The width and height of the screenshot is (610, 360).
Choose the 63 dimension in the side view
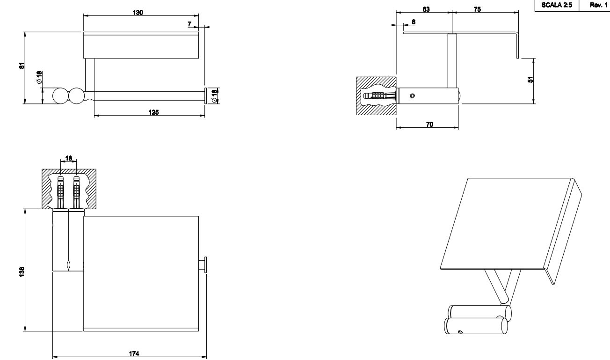click(x=426, y=9)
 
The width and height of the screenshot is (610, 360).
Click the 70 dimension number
click(x=429, y=124)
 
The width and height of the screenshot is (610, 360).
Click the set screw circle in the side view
click(x=412, y=96)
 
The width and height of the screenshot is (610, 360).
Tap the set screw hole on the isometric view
click(x=460, y=332)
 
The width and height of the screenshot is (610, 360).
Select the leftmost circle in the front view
click(x=60, y=96)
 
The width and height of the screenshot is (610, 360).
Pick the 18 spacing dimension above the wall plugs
click(x=69, y=159)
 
